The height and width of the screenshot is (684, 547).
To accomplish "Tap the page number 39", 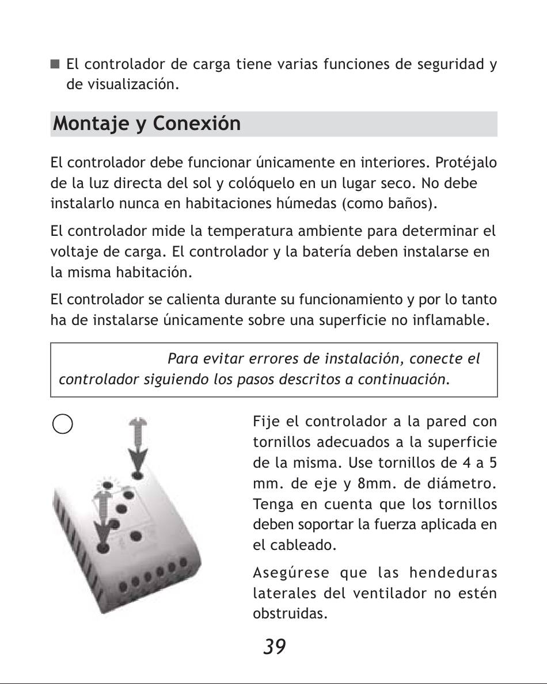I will click(x=274, y=647).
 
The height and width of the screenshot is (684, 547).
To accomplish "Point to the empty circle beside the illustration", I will click(x=62, y=425).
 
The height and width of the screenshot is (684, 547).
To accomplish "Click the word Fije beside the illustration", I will click(x=266, y=422).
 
